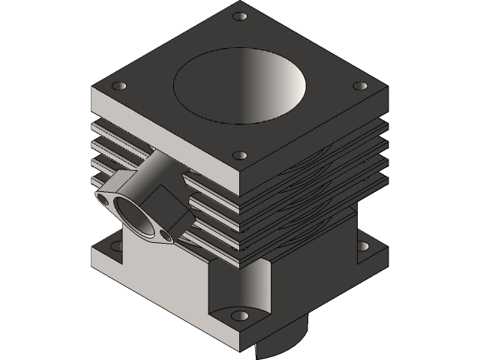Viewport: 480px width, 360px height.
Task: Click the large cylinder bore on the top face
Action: (x=240, y=86)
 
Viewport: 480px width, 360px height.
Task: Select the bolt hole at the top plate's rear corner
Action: (x=239, y=16)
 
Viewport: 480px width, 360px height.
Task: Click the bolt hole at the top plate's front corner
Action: (x=239, y=156)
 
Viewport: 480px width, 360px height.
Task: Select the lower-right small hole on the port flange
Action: (x=165, y=237)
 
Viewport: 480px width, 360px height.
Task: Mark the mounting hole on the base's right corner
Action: (x=363, y=245)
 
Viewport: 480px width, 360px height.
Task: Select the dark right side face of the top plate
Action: (x=315, y=139)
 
